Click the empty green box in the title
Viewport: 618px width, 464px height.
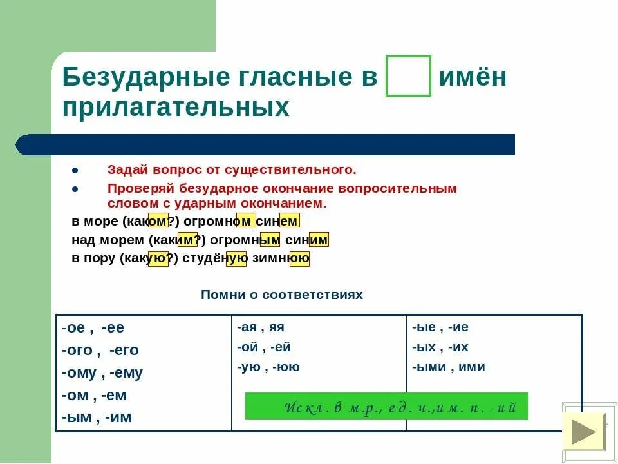click(408, 77)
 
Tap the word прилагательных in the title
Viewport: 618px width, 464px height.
click(176, 108)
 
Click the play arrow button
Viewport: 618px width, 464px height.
click(584, 432)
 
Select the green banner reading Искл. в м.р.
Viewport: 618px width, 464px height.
click(386, 406)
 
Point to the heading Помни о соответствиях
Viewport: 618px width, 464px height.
click(282, 295)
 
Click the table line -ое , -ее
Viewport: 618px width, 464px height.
click(93, 328)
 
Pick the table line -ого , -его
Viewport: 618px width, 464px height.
click(100, 351)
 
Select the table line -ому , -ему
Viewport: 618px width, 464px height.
click(102, 373)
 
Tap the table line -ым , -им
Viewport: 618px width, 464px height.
click(97, 418)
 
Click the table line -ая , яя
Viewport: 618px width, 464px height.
click(260, 327)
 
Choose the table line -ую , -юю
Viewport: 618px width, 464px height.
click(268, 367)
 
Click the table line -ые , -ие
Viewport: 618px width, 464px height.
click(440, 327)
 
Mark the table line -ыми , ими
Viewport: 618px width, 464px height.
click(449, 367)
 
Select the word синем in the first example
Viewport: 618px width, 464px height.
click(277, 222)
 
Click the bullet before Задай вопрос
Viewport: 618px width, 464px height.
click(75, 171)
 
